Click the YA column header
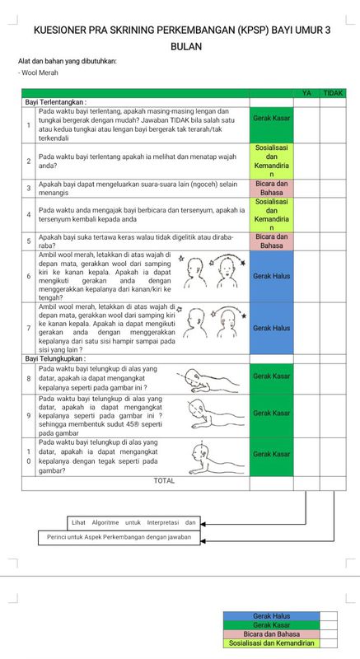click(306, 93)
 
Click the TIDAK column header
click(333, 93)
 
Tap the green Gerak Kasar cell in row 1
click(271, 119)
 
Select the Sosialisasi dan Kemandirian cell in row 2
click(271, 161)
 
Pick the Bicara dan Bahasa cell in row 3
click(271, 188)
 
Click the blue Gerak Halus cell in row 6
click(271, 276)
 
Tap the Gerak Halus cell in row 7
click(271, 328)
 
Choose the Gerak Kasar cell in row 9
click(271, 413)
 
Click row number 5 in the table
click(28, 241)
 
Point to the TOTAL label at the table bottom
click(164, 480)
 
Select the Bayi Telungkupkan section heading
click(57, 358)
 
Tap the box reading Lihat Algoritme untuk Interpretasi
click(134, 521)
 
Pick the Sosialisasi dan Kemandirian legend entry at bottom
click(271, 643)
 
